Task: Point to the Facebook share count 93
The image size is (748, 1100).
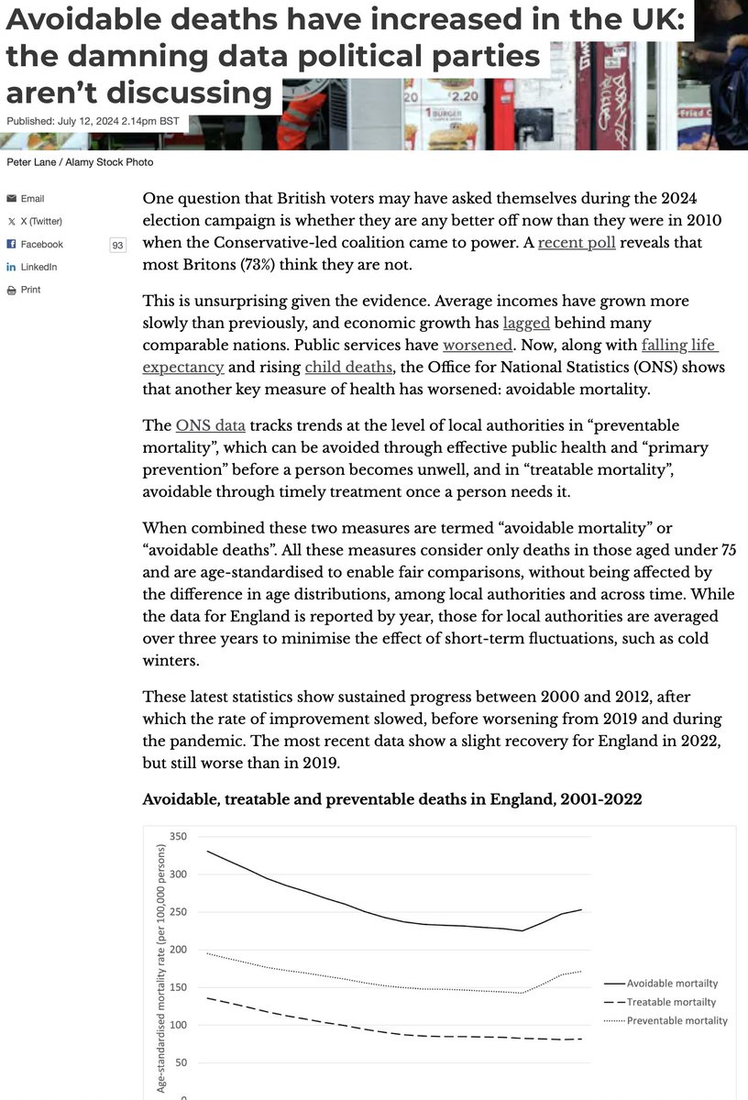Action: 117,245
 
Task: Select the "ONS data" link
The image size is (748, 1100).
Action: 210,424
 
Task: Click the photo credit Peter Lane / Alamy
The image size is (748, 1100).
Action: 80,162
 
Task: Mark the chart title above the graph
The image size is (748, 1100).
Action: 392,799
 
